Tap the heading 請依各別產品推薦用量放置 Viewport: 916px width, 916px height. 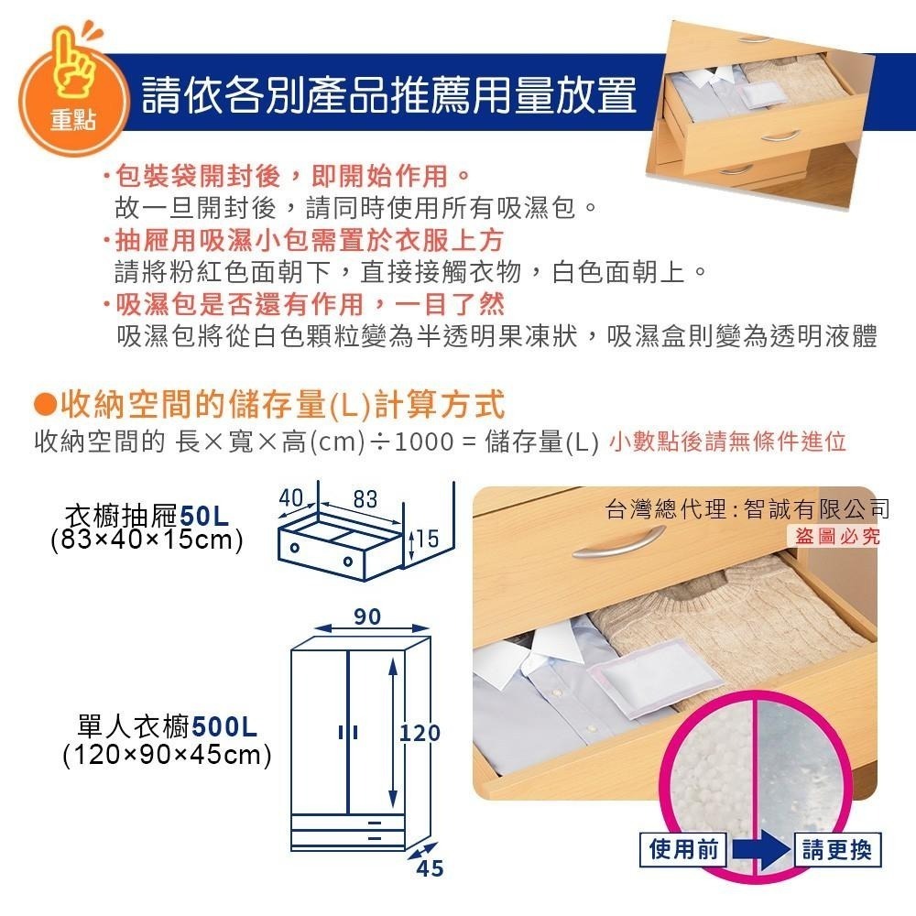tap(388, 94)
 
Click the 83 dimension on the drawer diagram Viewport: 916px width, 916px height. tap(365, 499)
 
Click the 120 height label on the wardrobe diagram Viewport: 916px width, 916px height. tap(420, 733)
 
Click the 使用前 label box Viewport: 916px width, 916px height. tap(682, 850)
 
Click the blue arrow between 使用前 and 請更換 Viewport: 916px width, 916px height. tap(761, 852)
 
